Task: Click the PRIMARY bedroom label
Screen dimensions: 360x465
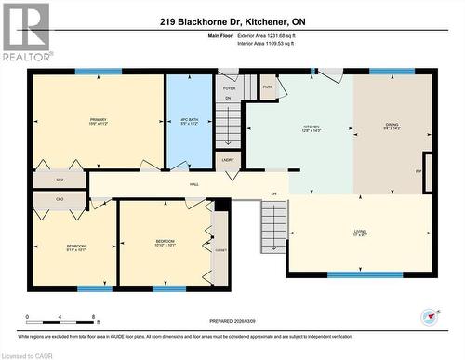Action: click(98, 120)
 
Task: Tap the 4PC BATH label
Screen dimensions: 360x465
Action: click(189, 120)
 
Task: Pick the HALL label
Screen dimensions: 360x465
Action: click(194, 184)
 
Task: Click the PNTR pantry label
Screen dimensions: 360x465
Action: click(267, 88)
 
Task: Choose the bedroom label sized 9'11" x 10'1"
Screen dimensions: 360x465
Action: click(76, 247)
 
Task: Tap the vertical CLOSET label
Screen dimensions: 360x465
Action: click(220, 248)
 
